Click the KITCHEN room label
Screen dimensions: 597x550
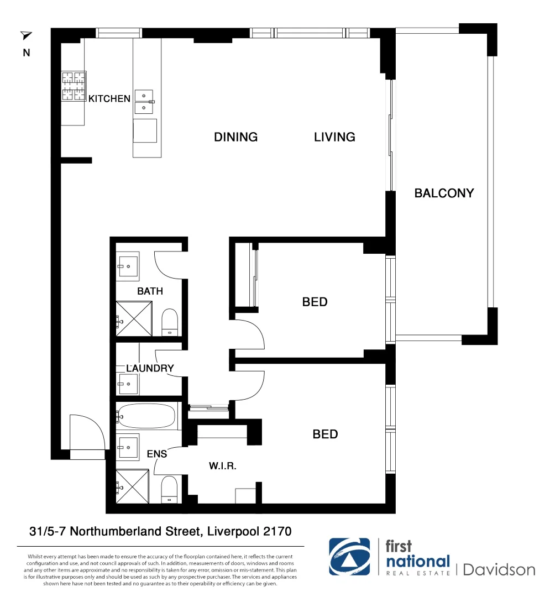pyautogui.click(x=109, y=98)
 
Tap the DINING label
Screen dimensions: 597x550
pyautogui.click(x=235, y=137)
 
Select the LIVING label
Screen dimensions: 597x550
pyautogui.click(x=334, y=137)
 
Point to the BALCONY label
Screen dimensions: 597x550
pyautogui.click(x=444, y=193)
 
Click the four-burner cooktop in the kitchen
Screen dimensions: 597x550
pyautogui.click(x=74, y=86)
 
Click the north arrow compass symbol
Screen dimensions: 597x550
pyautogui.click(x=26, y=36)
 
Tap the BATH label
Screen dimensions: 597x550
pyautogui.click(x=150, y=291)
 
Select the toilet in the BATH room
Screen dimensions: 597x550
pyautogui.click(x=169, y=322)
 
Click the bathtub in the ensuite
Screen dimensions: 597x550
pyautogui.click(x=146, y=416)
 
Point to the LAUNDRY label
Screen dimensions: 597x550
pyautogui.click(x=150, y=368)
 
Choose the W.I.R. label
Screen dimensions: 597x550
pyautogui.click(x=223, y=466)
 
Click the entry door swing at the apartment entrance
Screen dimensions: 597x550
pyautogui.click(x=86, y=434)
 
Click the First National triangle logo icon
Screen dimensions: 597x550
pyautogui.click(x=349, y=557)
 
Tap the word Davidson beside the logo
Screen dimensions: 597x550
pyautogui.click(x=499, y=569)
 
